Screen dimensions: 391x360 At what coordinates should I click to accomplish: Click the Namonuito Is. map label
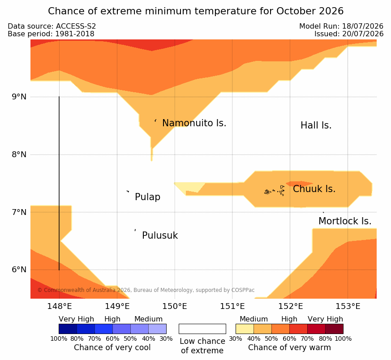click(x=194, y=123)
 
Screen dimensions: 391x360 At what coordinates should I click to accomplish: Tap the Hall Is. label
click(x=316, y=125)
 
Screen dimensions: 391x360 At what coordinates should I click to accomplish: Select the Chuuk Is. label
click(x=314, y=189)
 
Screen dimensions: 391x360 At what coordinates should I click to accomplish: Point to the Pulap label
click(x=147, y=197)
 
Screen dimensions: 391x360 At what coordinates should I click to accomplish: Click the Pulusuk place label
click(x=160, y=236)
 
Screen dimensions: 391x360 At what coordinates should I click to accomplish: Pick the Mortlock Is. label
click(x=345, y=221)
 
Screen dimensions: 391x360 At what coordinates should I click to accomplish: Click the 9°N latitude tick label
click(x=19, y=97)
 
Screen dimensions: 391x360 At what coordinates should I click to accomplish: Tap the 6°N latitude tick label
click(x=19, y=270)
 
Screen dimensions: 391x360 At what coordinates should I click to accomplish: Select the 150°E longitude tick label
click(x=175, y=306)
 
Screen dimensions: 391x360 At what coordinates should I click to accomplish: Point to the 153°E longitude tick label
click(x=348, y=306)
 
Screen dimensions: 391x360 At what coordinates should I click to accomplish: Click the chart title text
click(x=196, y=11)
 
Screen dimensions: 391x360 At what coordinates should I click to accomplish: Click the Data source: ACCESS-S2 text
click(x=52, y=26)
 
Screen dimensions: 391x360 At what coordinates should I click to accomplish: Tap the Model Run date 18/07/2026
click(x=363, y=26)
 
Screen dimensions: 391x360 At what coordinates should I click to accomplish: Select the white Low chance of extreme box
click(x=202, y=329)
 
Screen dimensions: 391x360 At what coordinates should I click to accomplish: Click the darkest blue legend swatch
click(x=68, y=329)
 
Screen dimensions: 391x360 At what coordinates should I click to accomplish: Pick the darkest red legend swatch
click(x=334, y=329)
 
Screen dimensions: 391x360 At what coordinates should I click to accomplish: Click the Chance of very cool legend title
click(x=112, y=347)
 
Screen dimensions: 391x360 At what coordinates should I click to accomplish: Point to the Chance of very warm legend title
click(x=289, y=347)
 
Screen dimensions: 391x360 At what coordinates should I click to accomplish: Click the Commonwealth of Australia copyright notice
click(x=146, y=290)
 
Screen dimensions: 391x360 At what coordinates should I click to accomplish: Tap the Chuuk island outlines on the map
click(x=275, y=191)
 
